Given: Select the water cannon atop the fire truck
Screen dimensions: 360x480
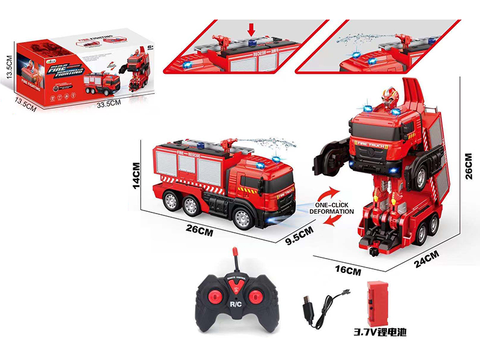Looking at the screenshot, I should point(229,144).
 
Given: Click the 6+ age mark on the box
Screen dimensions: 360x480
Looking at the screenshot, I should point(149,47).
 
